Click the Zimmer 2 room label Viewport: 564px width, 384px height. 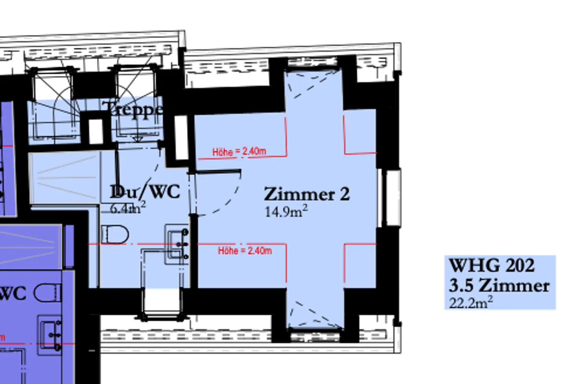[x=307, y=194]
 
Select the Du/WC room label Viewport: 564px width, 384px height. [x=145, y=192]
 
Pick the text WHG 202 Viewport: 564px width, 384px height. [x=491, y=265]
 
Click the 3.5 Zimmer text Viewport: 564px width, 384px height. [x=499, y=285]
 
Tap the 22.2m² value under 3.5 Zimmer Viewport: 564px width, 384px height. [x=470, y=302]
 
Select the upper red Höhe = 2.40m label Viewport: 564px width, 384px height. [x=239, y=152]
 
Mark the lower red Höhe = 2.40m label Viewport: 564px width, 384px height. [x=245, y=251]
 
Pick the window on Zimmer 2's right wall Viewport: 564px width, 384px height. [x=389, y=197]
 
